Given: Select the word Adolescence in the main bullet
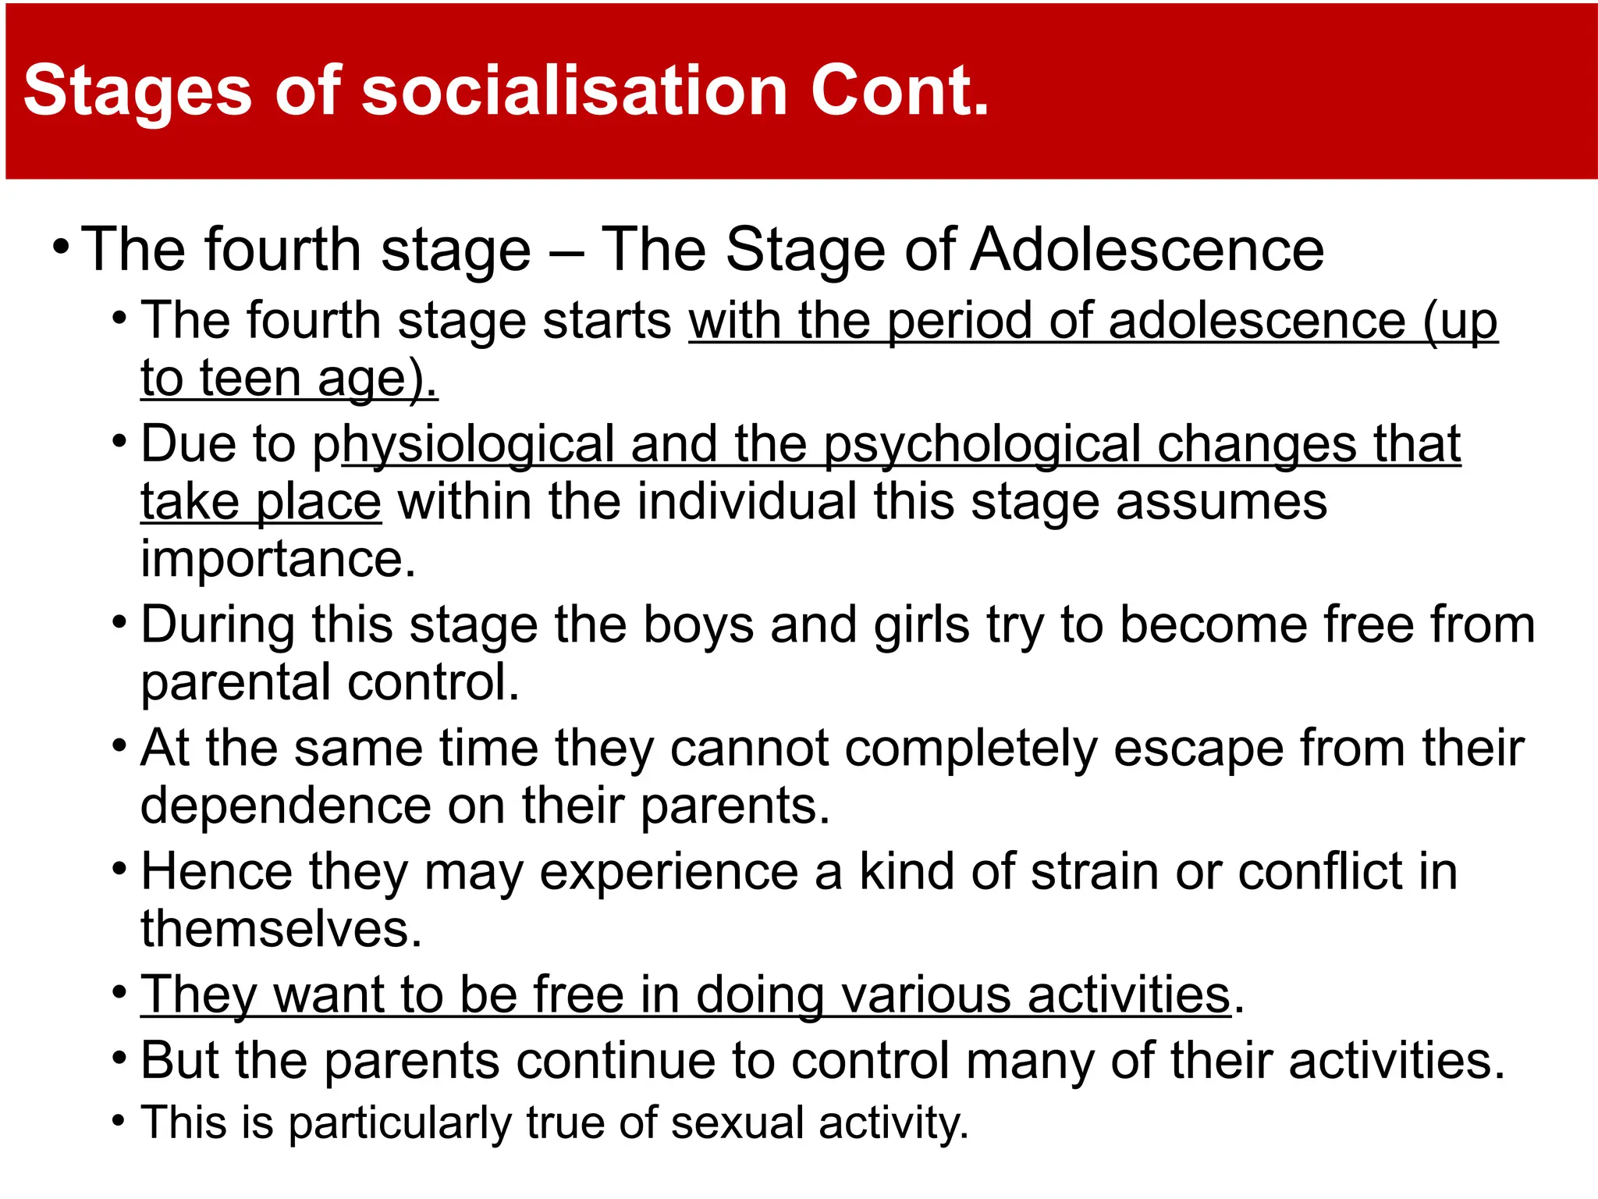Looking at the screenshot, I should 1147,250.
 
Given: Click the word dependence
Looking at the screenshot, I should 286,806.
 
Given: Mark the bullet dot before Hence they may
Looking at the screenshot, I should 119,869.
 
